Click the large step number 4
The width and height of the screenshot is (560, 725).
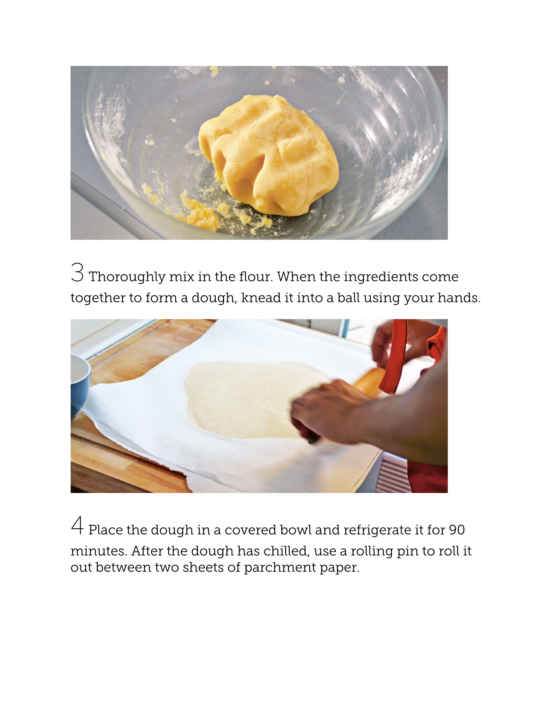(x=77, y=525)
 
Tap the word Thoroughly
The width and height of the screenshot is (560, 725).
(x=127, y=277)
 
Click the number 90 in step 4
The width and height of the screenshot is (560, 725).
(x=457, y=530)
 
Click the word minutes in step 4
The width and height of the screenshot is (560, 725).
(x=99, y=551)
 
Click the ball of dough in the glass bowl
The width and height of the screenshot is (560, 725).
(x=268, y=155)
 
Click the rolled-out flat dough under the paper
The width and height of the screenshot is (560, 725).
(x=252, y=400)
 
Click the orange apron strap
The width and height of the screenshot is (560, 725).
(x=395, y=357)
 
